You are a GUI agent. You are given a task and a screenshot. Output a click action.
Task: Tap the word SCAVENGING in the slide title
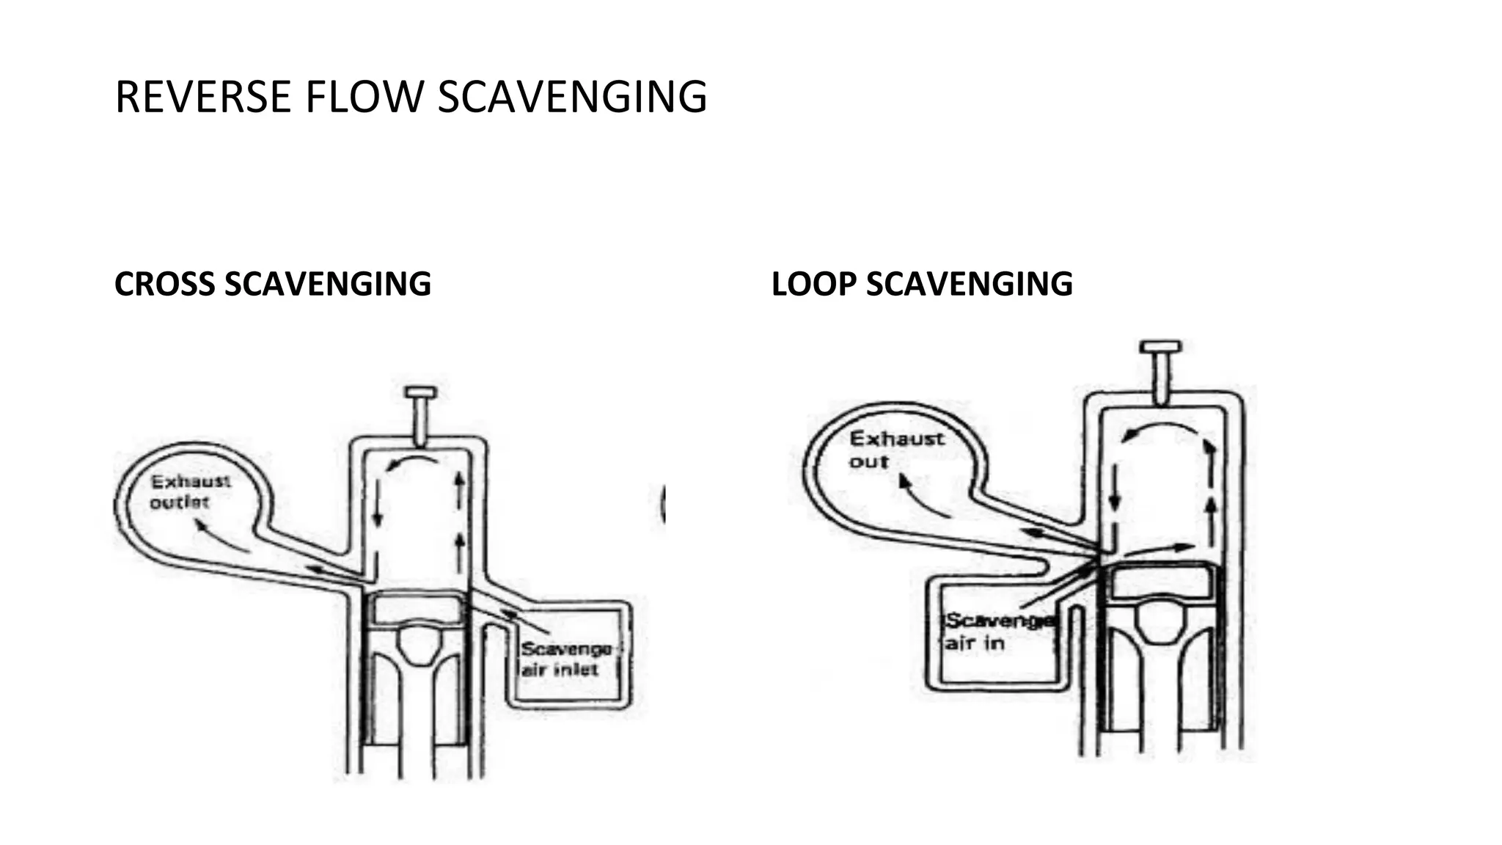pyautogui.click(x=572, y=97)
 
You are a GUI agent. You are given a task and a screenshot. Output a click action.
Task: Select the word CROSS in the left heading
pyautogui.click(x=164, y=284)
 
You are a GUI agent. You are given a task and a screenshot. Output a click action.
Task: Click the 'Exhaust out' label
pyautogui.click(x=895, y=450)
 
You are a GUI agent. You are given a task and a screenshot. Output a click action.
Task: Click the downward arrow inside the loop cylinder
pyautogui.click(x=1115, y=488)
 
